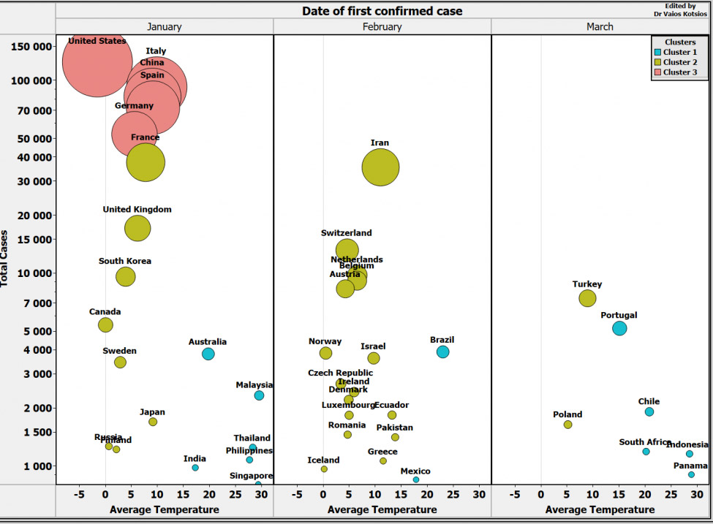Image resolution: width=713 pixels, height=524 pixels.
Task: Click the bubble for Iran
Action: pos(380,168)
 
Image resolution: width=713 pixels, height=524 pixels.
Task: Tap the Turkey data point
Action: pos(587,298)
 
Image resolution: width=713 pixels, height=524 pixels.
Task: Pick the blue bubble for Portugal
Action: pos(619,328)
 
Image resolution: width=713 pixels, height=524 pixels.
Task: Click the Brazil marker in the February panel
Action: pos(442,352)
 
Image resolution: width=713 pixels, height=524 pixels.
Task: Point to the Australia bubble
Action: pos(208,354)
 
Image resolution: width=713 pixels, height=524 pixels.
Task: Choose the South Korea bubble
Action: pos(126,276)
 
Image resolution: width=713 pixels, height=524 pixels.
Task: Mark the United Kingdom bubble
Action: pos(137,228)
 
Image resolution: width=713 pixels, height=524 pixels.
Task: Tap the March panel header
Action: pos(600,27)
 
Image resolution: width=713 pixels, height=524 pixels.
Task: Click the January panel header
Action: pos(164,27)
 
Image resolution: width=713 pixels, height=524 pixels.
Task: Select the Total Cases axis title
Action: pos(6,259)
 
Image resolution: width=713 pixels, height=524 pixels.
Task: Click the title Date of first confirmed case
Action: pos(382,11)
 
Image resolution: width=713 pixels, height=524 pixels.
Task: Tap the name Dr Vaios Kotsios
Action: pos(682,12)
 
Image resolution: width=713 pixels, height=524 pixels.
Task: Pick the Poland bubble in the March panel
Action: pos(568,425)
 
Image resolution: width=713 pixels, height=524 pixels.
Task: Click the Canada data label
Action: pos(105,311)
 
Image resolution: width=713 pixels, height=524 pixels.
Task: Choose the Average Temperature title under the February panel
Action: pos(382,509)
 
